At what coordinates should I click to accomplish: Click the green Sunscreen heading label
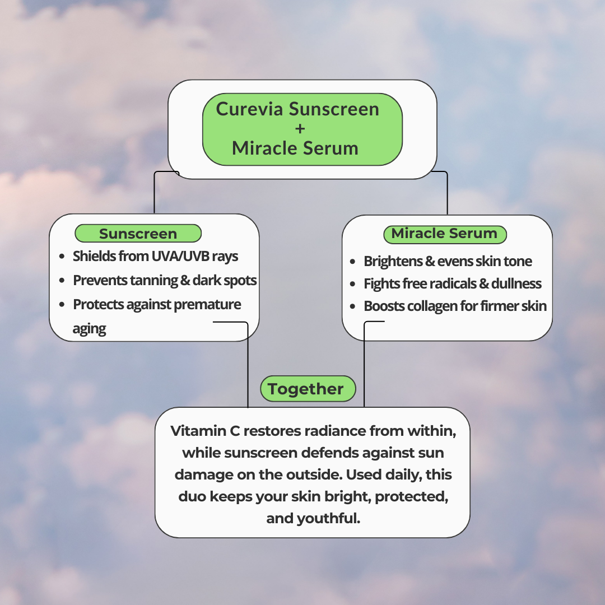(x=138, y=234)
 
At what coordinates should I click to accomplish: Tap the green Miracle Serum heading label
(x=445, y=234)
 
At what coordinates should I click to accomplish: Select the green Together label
(x=308, y=389)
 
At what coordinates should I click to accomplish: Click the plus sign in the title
(x=300, y=128)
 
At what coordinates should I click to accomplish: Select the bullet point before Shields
(x=62, y=257)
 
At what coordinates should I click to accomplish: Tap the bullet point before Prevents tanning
(x=62, y=281)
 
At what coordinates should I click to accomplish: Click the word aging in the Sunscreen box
(x=89, y=329)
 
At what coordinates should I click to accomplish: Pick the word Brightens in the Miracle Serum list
(x=390, y=262)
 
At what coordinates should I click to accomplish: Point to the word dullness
(x=516, y=284)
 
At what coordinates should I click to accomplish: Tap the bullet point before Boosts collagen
(x=352, y=306)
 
